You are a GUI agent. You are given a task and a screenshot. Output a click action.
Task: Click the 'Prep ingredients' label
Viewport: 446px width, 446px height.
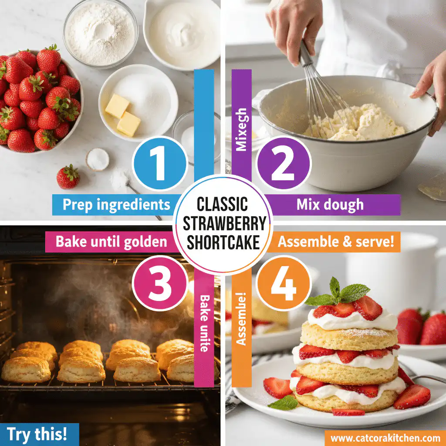tap(116, 205)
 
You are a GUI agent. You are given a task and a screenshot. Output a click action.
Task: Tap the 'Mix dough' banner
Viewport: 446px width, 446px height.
tap(330, 205)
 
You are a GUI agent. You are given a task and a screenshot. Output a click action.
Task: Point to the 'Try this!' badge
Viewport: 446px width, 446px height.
tap(37, 434)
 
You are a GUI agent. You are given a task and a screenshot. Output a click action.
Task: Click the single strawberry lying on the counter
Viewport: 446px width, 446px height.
tap(68, 176)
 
